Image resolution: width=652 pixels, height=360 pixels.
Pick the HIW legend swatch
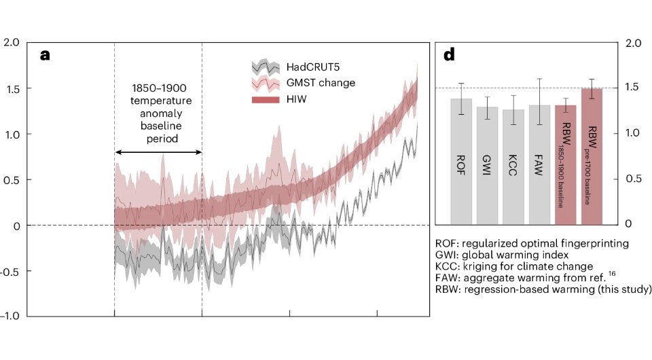[265, 99]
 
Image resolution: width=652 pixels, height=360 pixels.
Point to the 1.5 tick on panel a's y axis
[12, 88]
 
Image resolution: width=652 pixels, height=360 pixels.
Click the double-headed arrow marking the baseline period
[158, 151]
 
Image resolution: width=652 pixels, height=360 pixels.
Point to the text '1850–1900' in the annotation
[158, 88]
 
